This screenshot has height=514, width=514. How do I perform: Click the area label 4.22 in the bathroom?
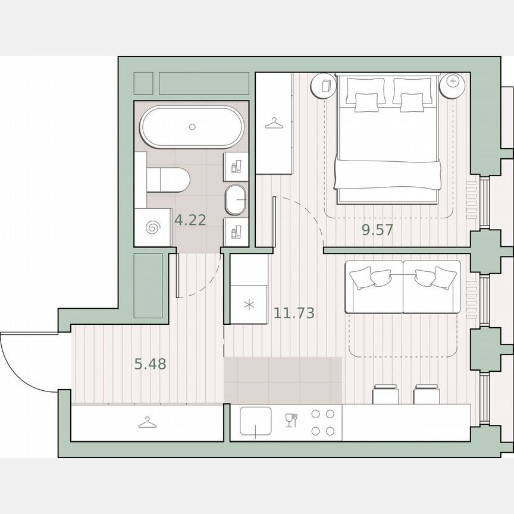click(190, 220)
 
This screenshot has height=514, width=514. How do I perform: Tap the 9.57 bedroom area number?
click(378, 230)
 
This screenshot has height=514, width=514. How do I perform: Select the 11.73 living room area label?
click(294, 312)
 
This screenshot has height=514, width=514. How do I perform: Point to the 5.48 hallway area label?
click(150, 364)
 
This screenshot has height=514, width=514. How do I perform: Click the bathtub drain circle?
click(192, 127)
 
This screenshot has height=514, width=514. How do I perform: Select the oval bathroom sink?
click(236, 200)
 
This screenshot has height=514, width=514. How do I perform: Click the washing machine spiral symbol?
click(152, 227)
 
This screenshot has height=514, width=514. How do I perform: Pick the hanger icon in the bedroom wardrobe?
click(274, 123)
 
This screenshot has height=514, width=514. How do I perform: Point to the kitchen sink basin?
click(255, 423)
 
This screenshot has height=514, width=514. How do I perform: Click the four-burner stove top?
click(324, 423)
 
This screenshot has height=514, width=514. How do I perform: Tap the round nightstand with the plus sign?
click(452, 82)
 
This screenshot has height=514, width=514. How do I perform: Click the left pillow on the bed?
click(365, 101)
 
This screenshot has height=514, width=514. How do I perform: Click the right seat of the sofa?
click(432, 289)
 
